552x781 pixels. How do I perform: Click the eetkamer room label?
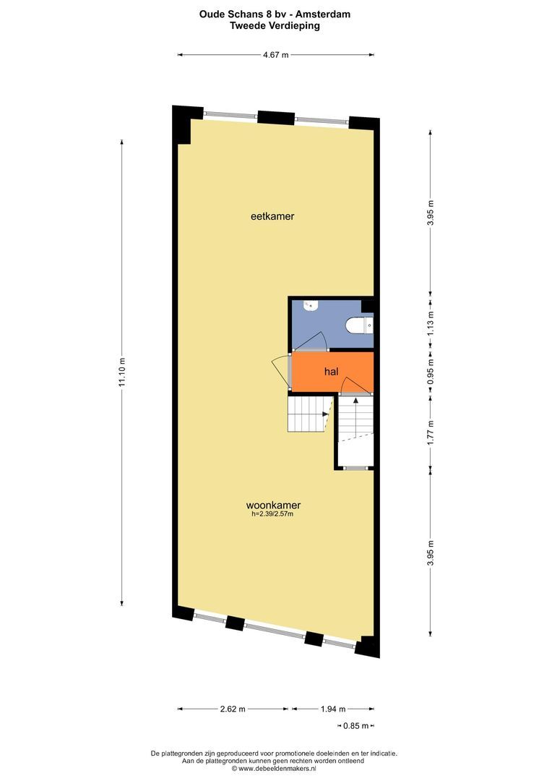point(272,216)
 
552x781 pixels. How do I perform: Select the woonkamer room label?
point(273,505)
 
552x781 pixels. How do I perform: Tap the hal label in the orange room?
point(332,372)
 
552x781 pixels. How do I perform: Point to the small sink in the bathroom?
point(311,305)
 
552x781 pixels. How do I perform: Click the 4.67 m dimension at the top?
point(276,55)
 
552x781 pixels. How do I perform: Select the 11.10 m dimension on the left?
point(122,372)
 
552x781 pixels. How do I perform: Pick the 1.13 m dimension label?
point(431,322)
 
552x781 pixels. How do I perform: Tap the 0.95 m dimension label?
point(431,370)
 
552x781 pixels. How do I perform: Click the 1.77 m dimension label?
point(431,432)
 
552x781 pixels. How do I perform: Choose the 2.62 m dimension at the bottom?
point(233,709)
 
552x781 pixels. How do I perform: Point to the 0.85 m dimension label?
point(356,726)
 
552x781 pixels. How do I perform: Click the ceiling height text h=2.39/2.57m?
point(272,514)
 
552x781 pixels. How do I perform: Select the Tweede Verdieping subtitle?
point(275,25)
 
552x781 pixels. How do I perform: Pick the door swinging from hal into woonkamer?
point(280,371)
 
